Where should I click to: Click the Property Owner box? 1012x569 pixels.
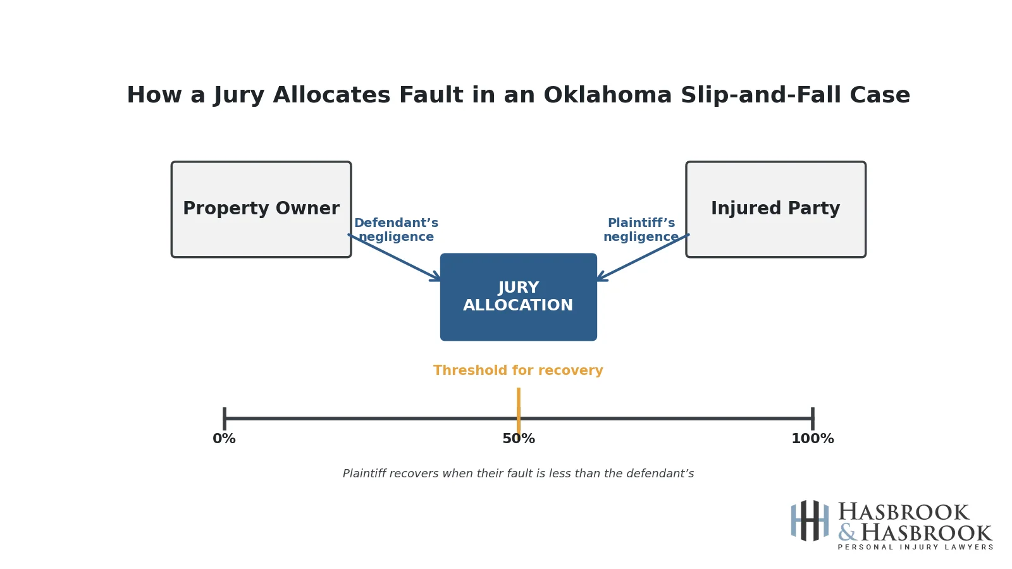pyautogui.click(x=261, y=209)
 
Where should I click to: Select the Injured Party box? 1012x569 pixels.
pyautogui.click(x=775, y=209)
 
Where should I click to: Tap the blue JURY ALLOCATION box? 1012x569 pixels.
pyautogui.click(x=518, y=297)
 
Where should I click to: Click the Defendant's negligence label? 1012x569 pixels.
pyautogui.click(x=396, y=230)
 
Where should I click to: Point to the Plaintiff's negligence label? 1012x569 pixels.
pyautogui.click(x=641, y=230)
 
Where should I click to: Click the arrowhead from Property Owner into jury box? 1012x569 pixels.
pyautogui.click(x=436, y=277)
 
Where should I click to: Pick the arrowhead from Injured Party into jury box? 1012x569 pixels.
pyautogui.click(x=601, y=277)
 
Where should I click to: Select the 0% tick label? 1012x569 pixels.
pyautogui.click(x=224, y=439)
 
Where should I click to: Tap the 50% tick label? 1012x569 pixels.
pyautogui.click(x=518, y=439)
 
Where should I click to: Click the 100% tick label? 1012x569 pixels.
pyautogui.click(x=812, y=439)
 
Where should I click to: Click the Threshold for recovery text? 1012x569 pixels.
pyautogui.click(x=518, y=371)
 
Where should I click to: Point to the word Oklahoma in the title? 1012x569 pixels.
pyautogui.click(x=607, y=96)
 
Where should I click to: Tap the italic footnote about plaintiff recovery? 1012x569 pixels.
pyautogui.click(x=518, y=474)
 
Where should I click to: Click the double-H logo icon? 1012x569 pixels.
pyautogui.click(x=810, y=521)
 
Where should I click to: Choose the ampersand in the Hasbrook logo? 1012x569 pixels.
pyautogui.click(x=846, y=533)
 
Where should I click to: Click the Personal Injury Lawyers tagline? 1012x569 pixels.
pyautogui.click(x=915, y=548)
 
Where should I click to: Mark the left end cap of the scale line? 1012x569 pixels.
pyautogui.click(x=225, y=419)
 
